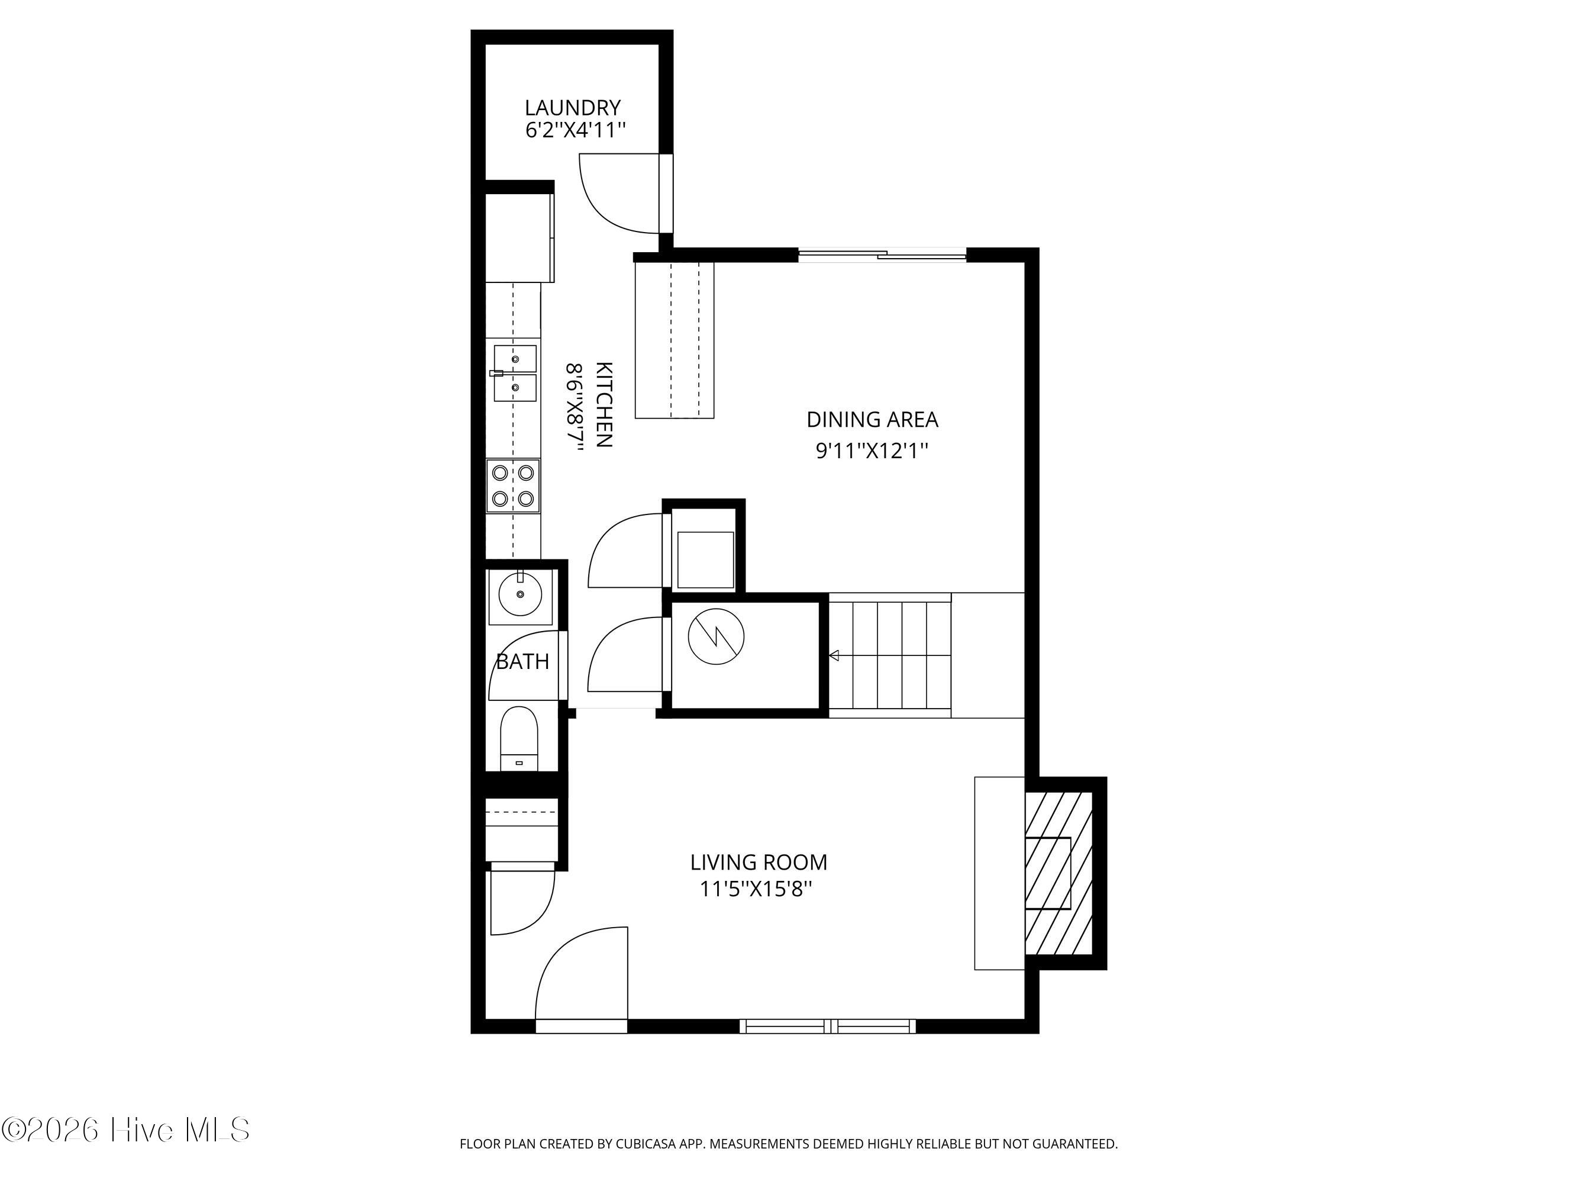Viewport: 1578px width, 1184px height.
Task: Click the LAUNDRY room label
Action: click(x=572, y=108)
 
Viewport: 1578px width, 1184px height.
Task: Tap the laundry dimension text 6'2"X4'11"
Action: click(x=575, y=131)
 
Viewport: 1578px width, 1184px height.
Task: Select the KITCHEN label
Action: click(x=604, y=405)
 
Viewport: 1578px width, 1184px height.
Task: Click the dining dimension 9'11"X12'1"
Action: click(x=872, y=451)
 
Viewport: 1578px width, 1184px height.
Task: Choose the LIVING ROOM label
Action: click(x=759, y=862)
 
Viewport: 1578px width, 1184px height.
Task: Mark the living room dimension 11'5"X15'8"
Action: click(x=756, y=890)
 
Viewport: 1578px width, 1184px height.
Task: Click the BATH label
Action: click(x=522, y=662)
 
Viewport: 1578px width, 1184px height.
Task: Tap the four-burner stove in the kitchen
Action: click(x=513, y=486)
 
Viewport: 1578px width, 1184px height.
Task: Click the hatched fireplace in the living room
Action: click(x=1059, y=873)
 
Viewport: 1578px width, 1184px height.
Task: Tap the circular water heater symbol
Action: click(x=715, y=636)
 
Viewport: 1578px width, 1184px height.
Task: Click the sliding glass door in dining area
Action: click(x=882, y=254)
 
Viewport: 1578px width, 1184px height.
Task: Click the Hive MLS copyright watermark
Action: click(x=125, y=1129)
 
